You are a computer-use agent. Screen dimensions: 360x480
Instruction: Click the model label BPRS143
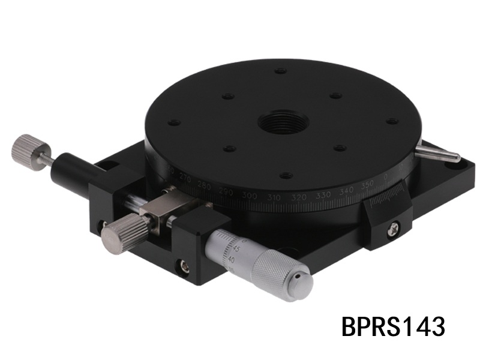click(x=393, y=327)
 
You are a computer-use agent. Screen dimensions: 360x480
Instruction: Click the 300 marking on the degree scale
click(x=248, y=197)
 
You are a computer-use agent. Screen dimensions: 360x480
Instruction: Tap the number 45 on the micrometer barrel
click(x=238, y=248)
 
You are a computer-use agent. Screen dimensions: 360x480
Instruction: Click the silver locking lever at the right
click(x=438, y=153)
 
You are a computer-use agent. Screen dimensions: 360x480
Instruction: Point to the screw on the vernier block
click(x=394, y=227)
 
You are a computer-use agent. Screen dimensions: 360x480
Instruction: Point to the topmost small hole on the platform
click(x=280, y=71)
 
